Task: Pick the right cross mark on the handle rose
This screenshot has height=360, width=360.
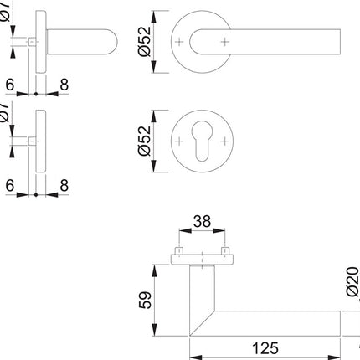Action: pyautogui.click(x=224, y=40)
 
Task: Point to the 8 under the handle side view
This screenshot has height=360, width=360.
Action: pyautogui.click(x=63, y=84)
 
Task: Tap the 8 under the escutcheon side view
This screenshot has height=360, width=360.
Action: pyautogui.click(x=63, y=185)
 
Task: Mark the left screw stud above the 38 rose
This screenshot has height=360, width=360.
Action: pyautogui.click(x=178, y=251)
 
